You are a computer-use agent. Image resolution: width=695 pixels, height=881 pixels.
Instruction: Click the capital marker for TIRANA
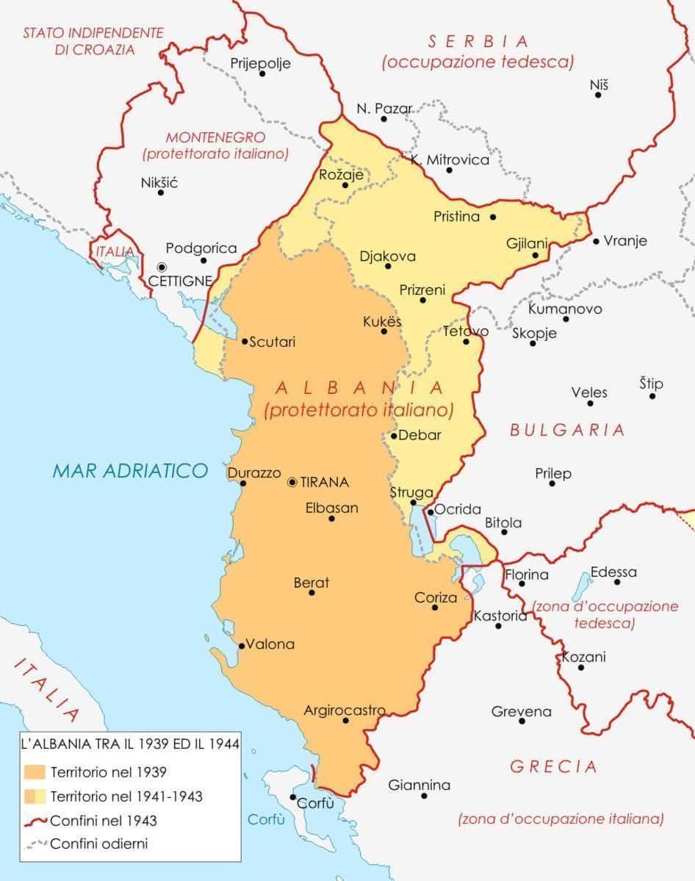(292, 482)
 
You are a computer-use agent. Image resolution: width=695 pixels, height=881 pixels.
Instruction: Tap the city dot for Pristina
(493, 217)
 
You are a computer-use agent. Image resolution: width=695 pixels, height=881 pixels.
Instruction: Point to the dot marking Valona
(242, 646)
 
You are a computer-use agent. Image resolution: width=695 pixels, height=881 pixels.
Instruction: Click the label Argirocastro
(345, 711)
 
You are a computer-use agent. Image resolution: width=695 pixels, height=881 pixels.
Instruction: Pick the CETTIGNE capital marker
(162, 267)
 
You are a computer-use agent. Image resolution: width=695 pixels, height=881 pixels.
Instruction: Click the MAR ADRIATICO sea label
(130, 471)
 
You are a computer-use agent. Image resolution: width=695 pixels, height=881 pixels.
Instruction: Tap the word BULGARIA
(567, 431)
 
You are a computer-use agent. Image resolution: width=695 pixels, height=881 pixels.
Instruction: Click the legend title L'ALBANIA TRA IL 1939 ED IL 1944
(130, 744)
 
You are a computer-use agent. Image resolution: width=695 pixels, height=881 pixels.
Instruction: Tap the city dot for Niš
(598, 95)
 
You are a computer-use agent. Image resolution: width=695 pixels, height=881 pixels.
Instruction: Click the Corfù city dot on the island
(293, 797)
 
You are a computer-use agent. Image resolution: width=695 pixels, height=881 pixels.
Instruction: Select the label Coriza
(436, 598)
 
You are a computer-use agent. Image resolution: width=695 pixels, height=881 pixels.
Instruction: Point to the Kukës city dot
(383, 331)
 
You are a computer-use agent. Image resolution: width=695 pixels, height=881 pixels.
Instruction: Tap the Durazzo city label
(254, 473)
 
